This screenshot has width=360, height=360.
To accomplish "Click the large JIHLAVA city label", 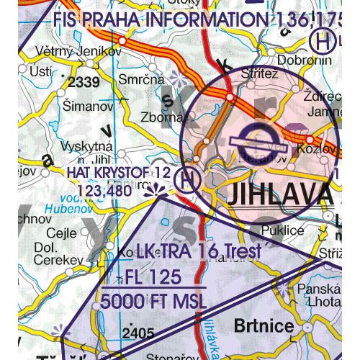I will pyautogui.click(x=280, y=193).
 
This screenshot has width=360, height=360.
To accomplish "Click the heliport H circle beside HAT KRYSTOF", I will pyautogui.click(x=188, y=179).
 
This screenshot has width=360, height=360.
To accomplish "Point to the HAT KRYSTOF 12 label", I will pyautogui.click(x=118, y=174).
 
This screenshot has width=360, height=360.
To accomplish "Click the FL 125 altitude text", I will pyautogui.click(x=152, y=278).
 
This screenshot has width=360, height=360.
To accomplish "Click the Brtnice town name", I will pyautogui.click(x=264, y=325).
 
